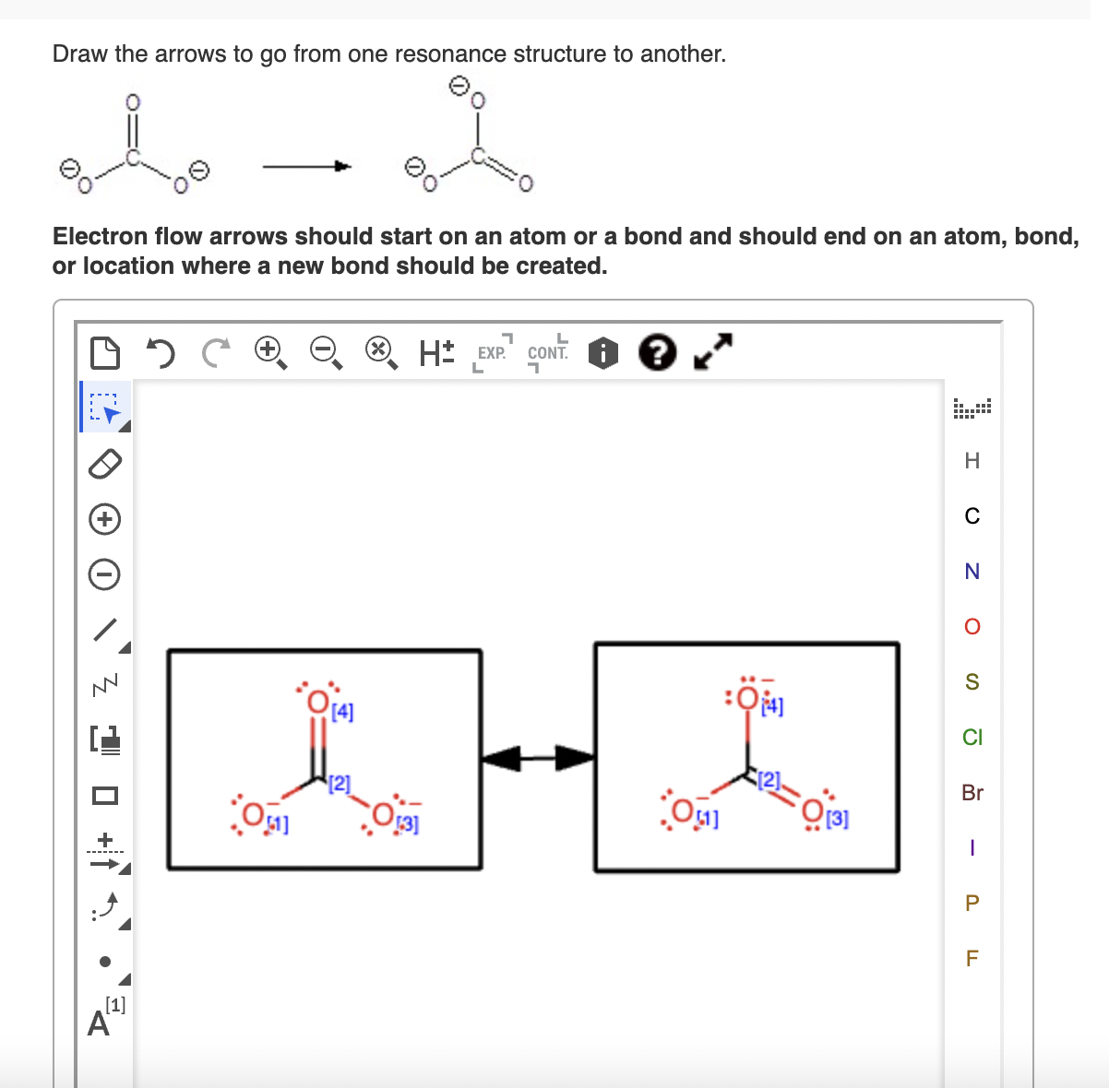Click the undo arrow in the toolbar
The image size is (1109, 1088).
pyautogui.click(x=161, y=352)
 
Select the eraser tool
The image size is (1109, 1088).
pyautogui.click(x=104, y=464)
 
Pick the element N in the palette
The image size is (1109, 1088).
pyautogui.click(x=972, y=572)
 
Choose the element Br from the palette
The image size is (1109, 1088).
pyautogui.click(x=972, y=793)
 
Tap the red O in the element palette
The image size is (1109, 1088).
pyautogui.click(x=972, y=627)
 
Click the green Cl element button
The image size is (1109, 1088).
pyautogui.click(x=972, y=738)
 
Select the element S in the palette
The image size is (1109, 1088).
pyautogui.click(x=972, y=682)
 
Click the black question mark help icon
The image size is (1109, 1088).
pyautogui.click(x=657, y=352)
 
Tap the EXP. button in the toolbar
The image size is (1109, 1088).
pyautogui.click(x=492, y=352)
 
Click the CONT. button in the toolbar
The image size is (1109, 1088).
pyautogui.click(x=547, y=352)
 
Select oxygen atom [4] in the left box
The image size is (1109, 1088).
pyautogui.click(x=318, y=703)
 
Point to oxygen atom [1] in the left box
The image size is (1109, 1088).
pyautogui.click(x=251, y=815)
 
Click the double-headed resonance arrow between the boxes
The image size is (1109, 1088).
pyautogui.click(x=538, y=759)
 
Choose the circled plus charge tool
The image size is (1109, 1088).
pyautogui.click(x=104, y=519)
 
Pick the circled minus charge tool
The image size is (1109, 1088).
pyautogui.click(x=104, y=575)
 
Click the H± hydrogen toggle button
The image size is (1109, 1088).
pyautogui.click(x=436, y=352)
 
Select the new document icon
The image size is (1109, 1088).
pyautogui.click(x=105, y=352)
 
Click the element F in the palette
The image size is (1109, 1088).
pyautogui.click(x=972, y=959)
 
